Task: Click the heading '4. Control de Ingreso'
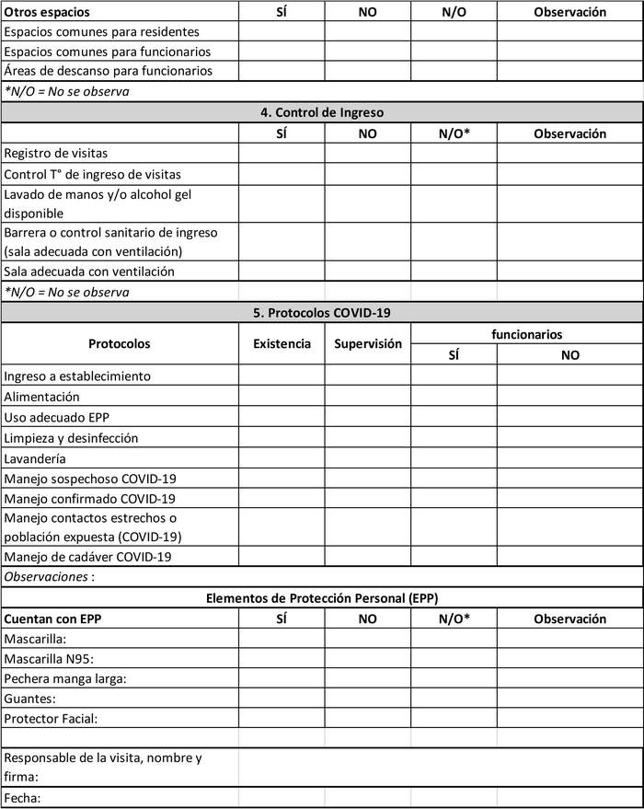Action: tap(322, 113)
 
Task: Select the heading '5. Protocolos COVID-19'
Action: tap(322, 313)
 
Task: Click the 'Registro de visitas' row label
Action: tap(56, 154)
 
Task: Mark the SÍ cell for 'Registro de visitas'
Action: tap(282, 154)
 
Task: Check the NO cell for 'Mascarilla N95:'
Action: tap(367, 658)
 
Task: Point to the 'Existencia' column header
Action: tap(282, 344)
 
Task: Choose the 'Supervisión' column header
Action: tap(367, 344)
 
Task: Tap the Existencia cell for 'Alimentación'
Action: tap(282, 397)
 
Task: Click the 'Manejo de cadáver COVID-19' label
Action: tap(87, 556)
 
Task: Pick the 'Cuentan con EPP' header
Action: tap(52, 618)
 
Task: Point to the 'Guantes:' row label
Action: tap(29, 699)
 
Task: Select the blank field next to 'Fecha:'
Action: tap(440, 798)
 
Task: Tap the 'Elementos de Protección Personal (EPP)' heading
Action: tap(322, 598)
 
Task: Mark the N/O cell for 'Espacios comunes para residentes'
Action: tap(454, 32)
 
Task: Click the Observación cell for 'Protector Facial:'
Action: tap(569, 718)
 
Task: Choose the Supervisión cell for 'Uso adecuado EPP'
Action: tap(367, 417)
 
